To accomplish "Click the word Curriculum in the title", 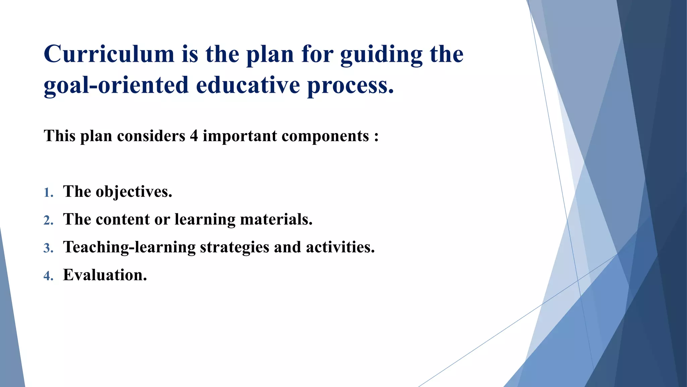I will coord(109,54).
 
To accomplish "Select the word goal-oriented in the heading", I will coord(116,85).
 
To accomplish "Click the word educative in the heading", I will coord(248,85).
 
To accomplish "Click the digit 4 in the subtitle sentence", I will coord(194,136).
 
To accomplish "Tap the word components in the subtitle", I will coord(325,136).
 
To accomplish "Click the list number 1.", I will coord(48,193).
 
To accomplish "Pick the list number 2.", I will coord(48,220).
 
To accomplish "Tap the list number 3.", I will coord(48,248).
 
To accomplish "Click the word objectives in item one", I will coord(134,192).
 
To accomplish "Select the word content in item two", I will coord(122,219).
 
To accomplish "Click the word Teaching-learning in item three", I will coord(129,247).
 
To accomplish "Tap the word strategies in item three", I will coord(234,247).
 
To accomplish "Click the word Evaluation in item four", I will coord(105,275).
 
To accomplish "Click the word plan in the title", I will coord(270,55).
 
